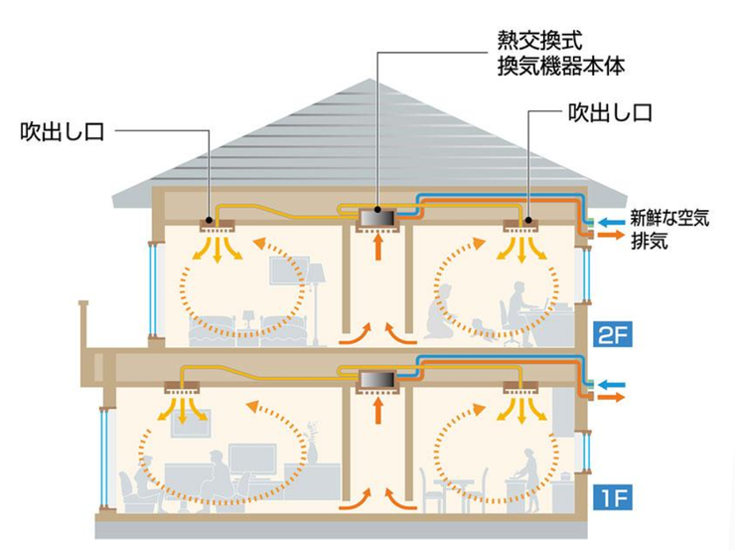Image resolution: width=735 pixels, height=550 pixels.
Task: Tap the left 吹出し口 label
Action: click(61, 130)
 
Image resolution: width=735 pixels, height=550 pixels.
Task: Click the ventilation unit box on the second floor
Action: click(377, 216)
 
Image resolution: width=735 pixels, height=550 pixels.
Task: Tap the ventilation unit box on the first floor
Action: click(377, 379)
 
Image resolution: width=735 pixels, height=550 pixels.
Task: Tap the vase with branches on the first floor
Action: click(311, 443)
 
